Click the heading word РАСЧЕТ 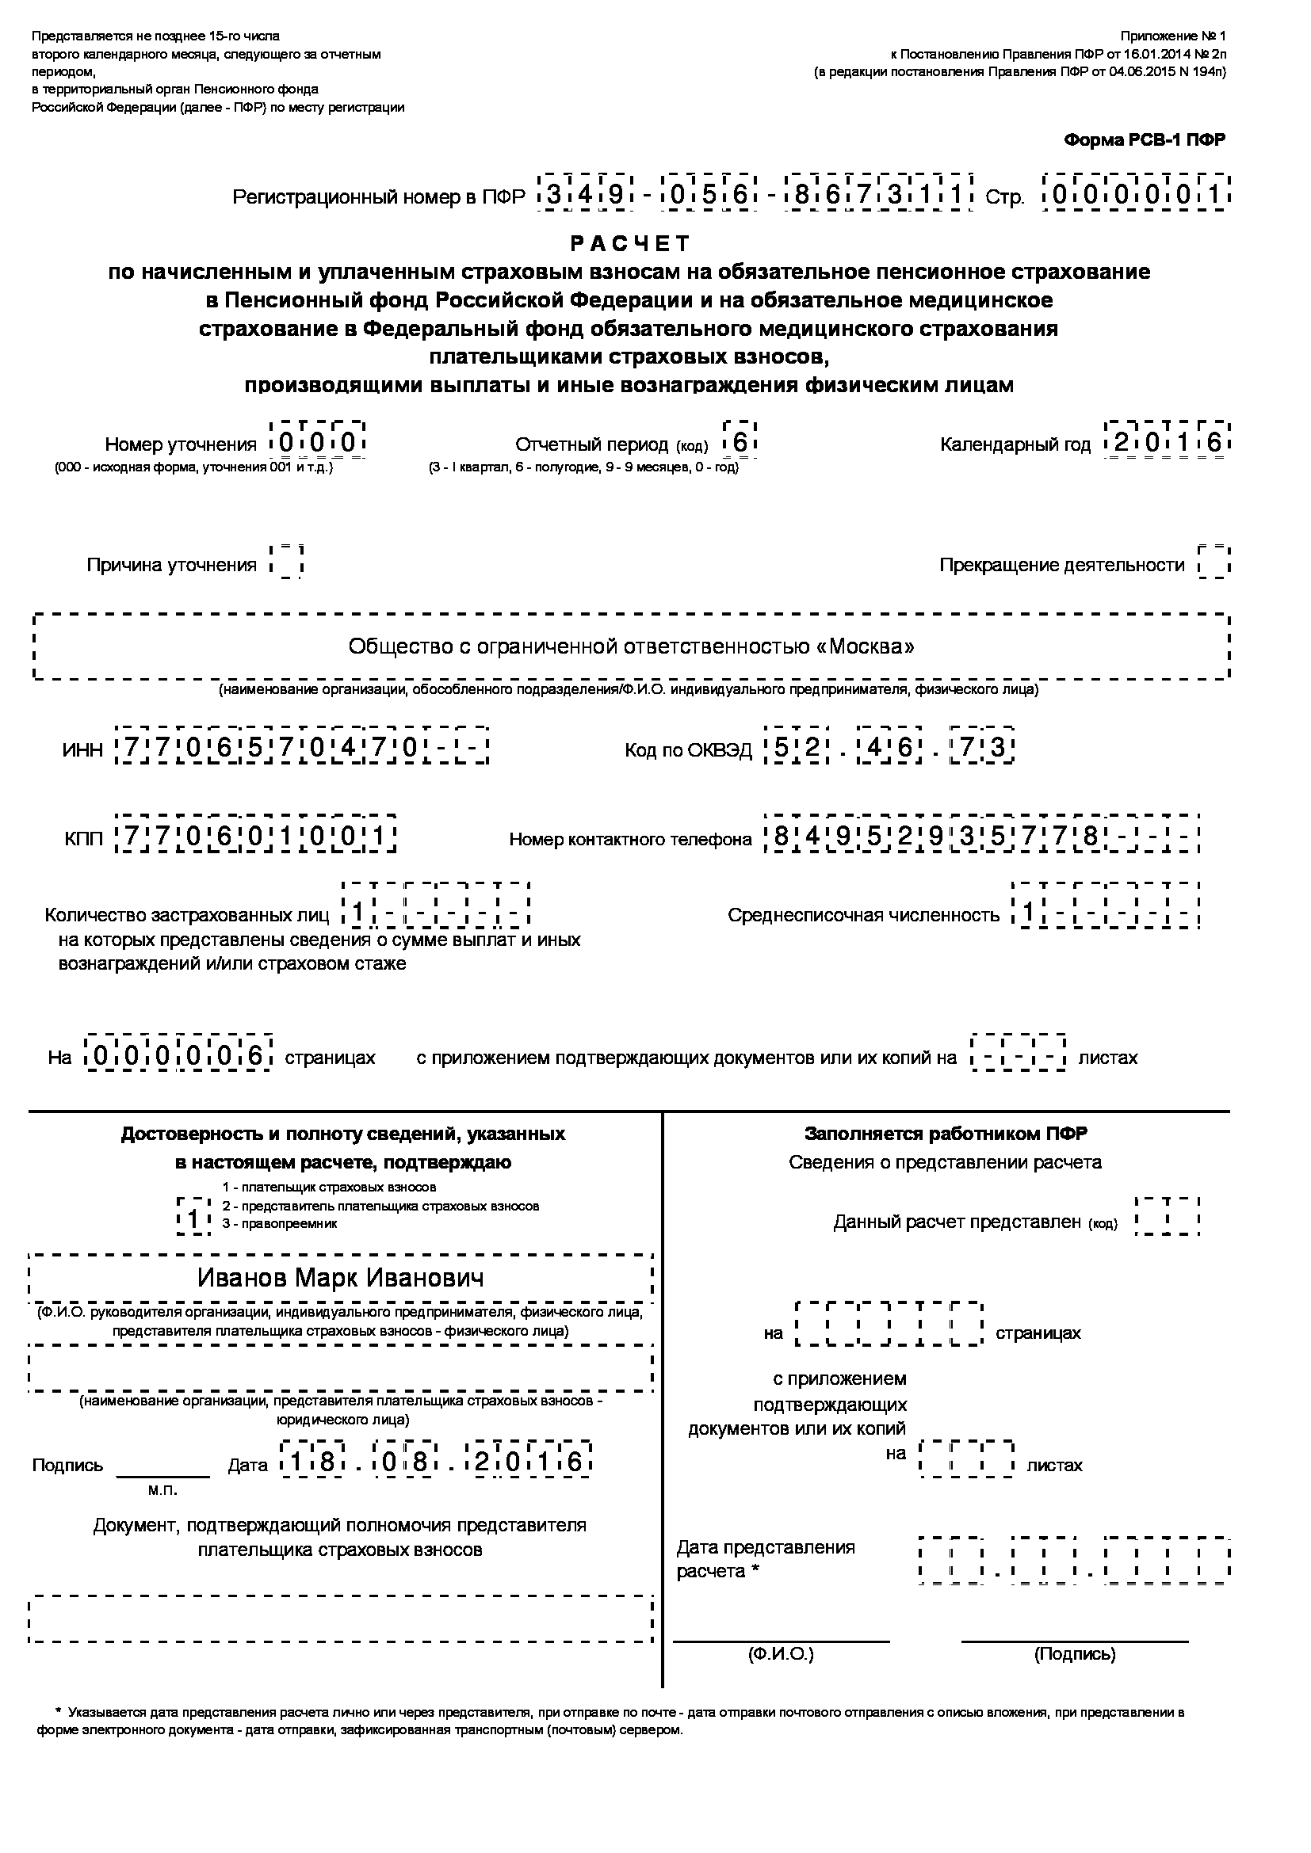coord(630,243)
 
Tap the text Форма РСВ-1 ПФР coord(1144,140)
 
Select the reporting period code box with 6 coord(740,441)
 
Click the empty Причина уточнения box coord(286,562)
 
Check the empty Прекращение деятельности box coord(1214,562)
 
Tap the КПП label coord(84,839)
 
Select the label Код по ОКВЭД coord(688,750)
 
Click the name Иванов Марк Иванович coord(341,1278)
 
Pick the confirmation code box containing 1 coord(193,1218)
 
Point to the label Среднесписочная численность coord(863,915)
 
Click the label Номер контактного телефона coord(629,839)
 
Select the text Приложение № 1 coord(1172,36)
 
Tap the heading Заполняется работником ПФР coord(946,1134)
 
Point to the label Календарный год coord(1015,444)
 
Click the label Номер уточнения coord(180,444)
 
